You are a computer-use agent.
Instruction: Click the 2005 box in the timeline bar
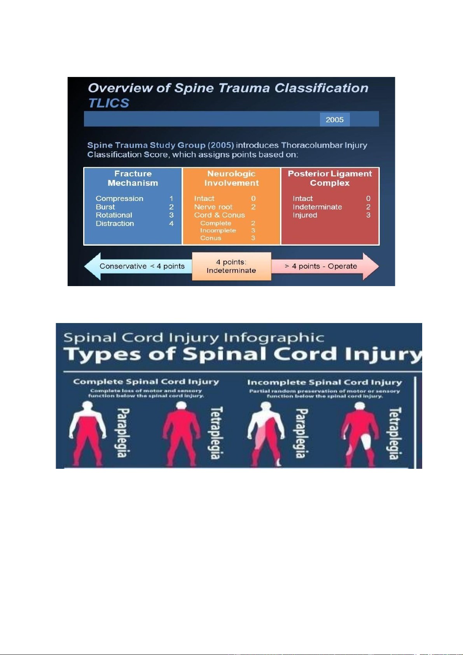pyautogui.click(x=335, y=119)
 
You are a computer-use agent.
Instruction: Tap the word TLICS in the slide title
pyautogui.click(x=108, y=103)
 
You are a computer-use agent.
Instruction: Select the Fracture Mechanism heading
pyautogui.click(x=133, y=178)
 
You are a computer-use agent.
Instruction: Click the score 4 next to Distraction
pyautogui.click(x=171, y=224)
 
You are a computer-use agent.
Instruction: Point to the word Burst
pyautogui.click(x=105, y=207)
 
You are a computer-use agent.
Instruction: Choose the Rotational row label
pyautogui.click(x=114, y=215)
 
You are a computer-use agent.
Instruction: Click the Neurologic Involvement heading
pyautogui.click(x=231, y=178)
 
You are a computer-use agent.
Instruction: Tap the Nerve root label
pyautogui.click(x=213, y=207)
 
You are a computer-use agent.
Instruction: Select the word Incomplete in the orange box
pyautogui.click(x=218, y=231)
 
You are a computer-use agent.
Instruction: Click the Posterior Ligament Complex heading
pyautogui.click(x=330, y=178)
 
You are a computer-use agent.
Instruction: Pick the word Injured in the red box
pyautogui.click(x=305, y=215)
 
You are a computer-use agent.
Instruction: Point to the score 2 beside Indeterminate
pyautogui.click(x=368, y=207)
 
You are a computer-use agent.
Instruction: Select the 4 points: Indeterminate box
pyautogui.click(x=231, y=266)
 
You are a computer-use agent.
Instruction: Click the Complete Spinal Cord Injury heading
pyautogui.click(x=146, y=382)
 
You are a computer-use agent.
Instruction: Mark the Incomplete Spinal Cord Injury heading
pyautogui.click(x=325, y=383)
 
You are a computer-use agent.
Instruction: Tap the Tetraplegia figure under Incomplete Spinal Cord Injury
pyautogui.click(x=360, y=433)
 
